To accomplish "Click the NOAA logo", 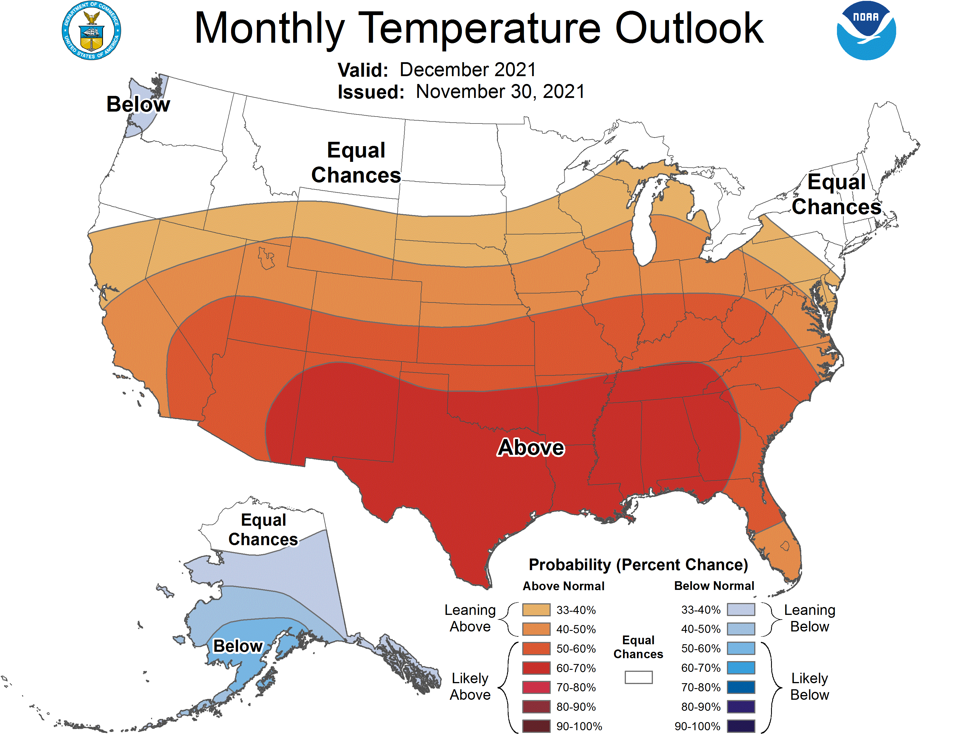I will click(866, 31).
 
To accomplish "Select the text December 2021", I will click(468, 70).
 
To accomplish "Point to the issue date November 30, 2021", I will click(500, 92).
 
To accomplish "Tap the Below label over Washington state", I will click(138, 105).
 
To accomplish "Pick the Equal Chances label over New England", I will click(836, 194).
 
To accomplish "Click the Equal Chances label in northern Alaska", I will click(263, 529).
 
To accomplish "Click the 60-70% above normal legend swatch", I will click(536, 668).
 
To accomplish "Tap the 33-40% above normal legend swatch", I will click(536, 610).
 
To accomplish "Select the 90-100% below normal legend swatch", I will click(741, 726).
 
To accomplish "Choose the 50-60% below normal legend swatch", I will click(741, 648).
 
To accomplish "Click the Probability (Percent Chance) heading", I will click(638, 565).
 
